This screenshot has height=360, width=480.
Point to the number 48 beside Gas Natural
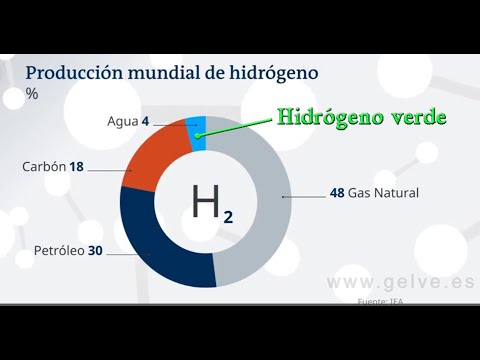tap(337, 193)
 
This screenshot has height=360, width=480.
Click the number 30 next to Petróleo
tap(95, 250)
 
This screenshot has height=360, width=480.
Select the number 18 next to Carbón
tap(76, 167)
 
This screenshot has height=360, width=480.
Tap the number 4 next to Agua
tap(145, 121)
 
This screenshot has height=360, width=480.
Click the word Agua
tap(122, 121)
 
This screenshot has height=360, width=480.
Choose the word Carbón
tap(44, 167)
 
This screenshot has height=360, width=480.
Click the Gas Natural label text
tap(383, 193)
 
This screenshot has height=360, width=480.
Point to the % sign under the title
tap(32, 94)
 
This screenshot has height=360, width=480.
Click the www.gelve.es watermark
tap(400, 282)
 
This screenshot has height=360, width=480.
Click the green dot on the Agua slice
tap(199, 134)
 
